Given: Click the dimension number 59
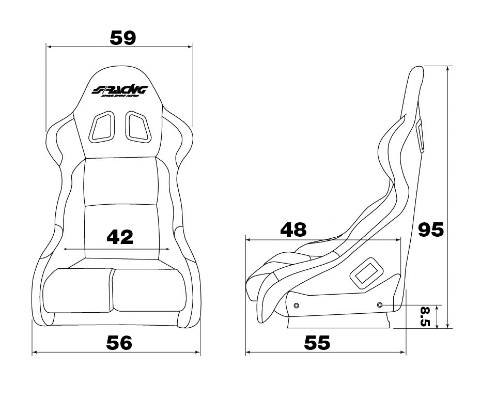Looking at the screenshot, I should click(x=123, y=37).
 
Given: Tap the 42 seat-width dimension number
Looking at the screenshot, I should click(x=120, y=237).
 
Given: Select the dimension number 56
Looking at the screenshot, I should click(x=119, y=343).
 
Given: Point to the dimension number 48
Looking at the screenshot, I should click(x=293, y=229).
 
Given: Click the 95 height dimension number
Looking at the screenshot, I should click(x=431, y=230).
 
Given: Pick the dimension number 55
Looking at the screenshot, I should click(x=317, y=343).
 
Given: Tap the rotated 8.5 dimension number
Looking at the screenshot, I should click(x=425, y=316).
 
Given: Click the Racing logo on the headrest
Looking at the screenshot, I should click(x=120, y=90).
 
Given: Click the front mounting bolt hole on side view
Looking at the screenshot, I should click(x=296, y=306).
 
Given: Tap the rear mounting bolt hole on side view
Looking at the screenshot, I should click(x=380, y=305).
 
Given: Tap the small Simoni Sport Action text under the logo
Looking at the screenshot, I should click(x=120, y=98).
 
